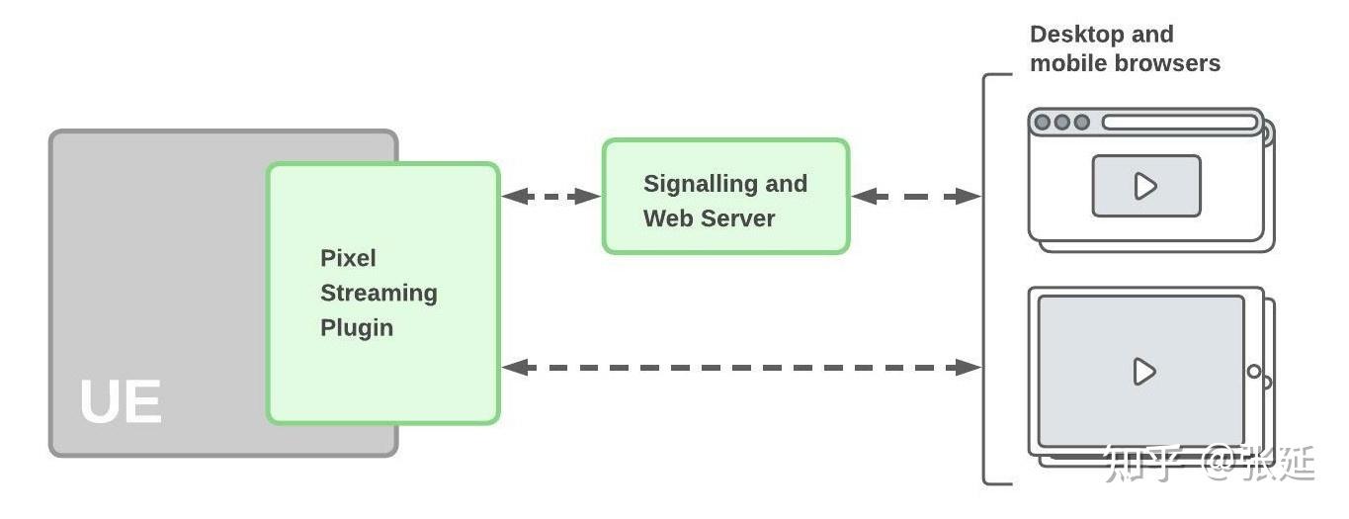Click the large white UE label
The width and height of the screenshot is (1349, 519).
tap(121, 402)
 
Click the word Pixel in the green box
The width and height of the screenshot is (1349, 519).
tap(348, 258)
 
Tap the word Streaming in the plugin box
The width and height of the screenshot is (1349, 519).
tap(379, 293)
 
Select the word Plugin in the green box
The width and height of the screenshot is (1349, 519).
tap(357, 327)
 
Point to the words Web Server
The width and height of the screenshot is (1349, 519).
tap(709, 218)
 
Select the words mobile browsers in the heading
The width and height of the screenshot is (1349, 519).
tap(1125, 63)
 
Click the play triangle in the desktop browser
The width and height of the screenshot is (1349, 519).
tap(1145, 186)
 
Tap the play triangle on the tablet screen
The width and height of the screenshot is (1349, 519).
tap(1144, 372)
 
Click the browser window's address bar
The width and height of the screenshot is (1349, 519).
tap(1180, 123)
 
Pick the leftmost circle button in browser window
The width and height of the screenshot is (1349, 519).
tap(1042, 123)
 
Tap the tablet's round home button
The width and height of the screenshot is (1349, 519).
tap(1254, 372)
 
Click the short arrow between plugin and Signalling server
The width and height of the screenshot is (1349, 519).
tap(550, 197)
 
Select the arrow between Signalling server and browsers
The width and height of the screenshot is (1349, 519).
tap(915, 197)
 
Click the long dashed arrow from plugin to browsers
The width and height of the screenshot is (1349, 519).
tap(741, 368)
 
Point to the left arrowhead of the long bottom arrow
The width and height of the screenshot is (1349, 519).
tap(512, 368)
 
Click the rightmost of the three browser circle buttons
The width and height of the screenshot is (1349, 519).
tap(1082, 123)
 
